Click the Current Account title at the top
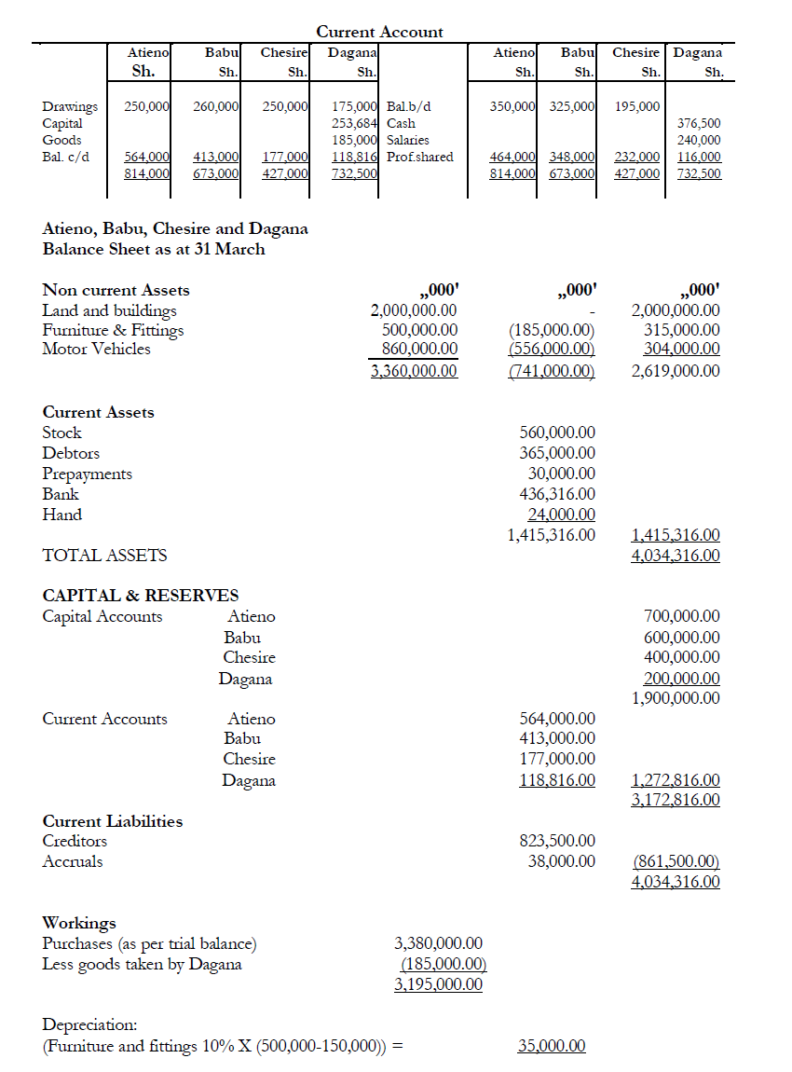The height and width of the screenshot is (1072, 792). pyautogui.click(x=379, y=32)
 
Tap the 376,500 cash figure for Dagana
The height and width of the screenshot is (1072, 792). pyautogui.click(x=699, y=123)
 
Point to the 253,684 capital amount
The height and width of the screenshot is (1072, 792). pyautogui.click(x=355, y=123)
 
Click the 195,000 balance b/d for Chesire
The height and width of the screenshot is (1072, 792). pyautogui.click(x=637, y=106)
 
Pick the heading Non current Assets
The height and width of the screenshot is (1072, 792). pyautogui.click(x=116, y=290)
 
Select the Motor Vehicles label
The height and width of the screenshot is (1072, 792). pyautogui.click(x=96, y=349)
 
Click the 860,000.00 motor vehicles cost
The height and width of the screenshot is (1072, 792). pyautogui.click(x=420, y=349)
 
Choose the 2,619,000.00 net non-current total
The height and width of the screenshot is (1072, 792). pyautogui.click(x=676, y=371)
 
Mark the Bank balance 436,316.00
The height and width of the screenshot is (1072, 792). pyautogui.click(x=556, y=494)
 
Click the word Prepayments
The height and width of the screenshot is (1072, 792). pyautogui.click(x=88, y=474)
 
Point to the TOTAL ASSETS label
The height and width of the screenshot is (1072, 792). pyautogui.click(x=105, y=556)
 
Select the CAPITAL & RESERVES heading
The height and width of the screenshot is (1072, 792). pyautogui.click(x=141, y=595)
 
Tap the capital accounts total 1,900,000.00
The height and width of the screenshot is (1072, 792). pyautogui.click(x=676, y=697)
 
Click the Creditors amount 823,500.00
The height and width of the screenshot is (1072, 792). pyautogui.click(x=556, y=841)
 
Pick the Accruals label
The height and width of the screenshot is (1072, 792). pyautogui.click(x=73, y=861)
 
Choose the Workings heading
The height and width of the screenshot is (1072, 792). pyautogui.click(x=79, y=923)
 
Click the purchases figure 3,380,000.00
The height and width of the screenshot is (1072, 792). pyautogui.click(x=438, y=944)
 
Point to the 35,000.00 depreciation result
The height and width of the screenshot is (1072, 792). pyautogui.click(x=552, y=1046)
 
